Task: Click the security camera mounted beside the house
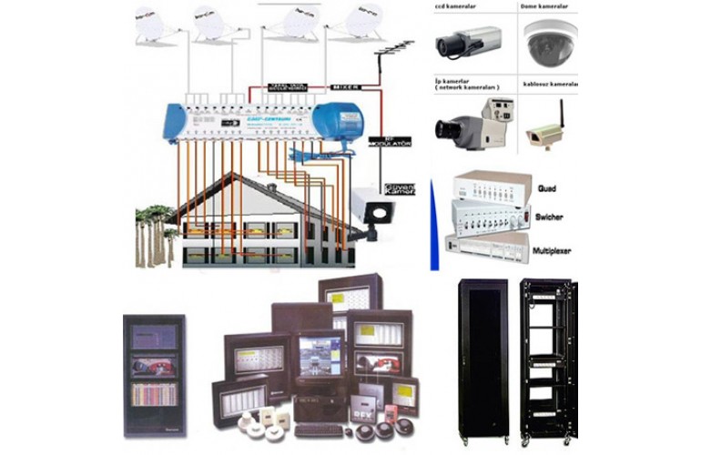374,209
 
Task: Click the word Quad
546,188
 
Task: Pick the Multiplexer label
552,250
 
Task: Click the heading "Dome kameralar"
549,5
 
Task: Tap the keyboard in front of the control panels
319,428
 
